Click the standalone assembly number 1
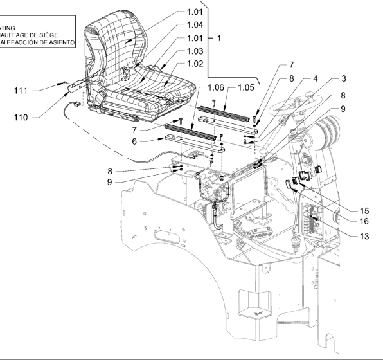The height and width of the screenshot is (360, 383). [x=218, y=38]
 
